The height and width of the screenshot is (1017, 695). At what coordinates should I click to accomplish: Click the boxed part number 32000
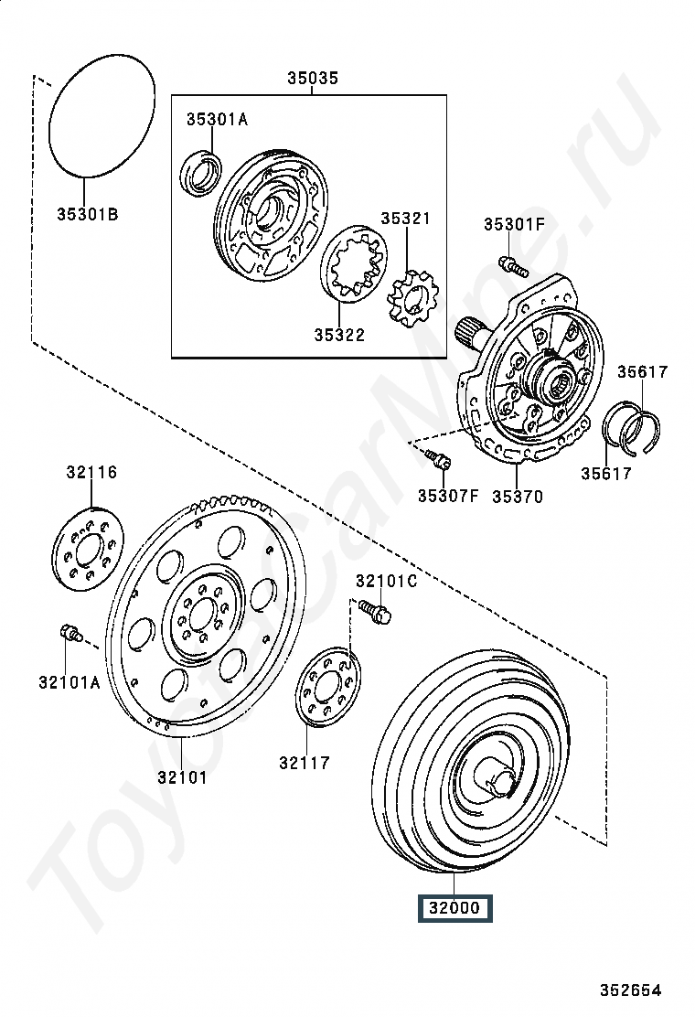point(454,908)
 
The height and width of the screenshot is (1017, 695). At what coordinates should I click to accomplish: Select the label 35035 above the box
point(312,80)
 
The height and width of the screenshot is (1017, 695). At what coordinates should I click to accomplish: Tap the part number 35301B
point(87,215)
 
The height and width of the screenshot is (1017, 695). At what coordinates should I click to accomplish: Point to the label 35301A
point(217,119)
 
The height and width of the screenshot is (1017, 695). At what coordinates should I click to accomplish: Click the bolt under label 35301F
point(513,266)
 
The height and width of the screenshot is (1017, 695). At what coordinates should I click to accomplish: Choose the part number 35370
point(517,497)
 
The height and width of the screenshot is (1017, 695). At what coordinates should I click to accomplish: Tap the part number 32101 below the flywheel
point(181,777)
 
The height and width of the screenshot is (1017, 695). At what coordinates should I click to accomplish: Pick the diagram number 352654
point(630,990)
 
